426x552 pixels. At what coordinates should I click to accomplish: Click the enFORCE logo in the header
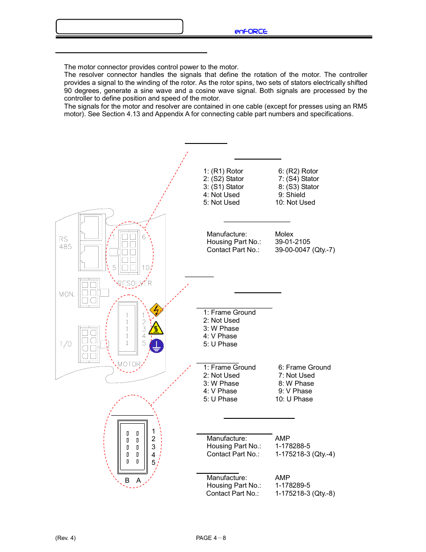pyautogui.click(x=251, y=31)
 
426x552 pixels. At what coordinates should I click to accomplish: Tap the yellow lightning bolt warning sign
pyautogui.click(x=156, y=309)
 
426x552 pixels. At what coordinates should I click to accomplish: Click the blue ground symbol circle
pyautogui.click(x=156, y=346)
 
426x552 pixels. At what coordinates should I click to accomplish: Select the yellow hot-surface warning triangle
pyautogui.click(x=156, y=329)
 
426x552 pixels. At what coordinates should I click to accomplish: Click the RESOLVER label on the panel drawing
pyautogui.click(x=134, y=283)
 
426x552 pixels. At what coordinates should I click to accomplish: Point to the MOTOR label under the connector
pyautogui.click(x=129, y=364)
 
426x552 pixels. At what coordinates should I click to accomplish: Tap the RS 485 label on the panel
pyautogui.click(x=65, y=243)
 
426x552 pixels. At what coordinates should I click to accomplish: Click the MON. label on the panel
pyautogui.click(x=67, y=294)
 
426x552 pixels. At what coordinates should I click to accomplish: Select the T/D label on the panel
pyautogui.click(x=66, y=344)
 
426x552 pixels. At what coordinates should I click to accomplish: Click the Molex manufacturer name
pyautogui.click(x=284, y=234)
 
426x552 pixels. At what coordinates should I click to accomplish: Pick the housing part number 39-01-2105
pyautogui.click(x=292, y=242)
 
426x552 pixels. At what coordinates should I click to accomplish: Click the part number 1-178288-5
pyautogui.click(x=292, y=446)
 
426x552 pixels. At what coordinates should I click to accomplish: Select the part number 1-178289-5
pyautogui.click(x=292, y=485)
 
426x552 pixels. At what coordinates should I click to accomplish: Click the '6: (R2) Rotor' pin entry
pyautogui.click(x=298, y=171)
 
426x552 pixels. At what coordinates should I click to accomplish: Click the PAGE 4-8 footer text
pyautogui.click(x=211, y=538)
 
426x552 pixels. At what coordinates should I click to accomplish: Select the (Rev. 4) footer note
pyautogui.click(x=66, y=538)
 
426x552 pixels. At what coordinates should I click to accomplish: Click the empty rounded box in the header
pyautogui.click(x=119, y=27)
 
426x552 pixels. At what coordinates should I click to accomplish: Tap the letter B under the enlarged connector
pyautogui.click(x=127, y=480)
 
